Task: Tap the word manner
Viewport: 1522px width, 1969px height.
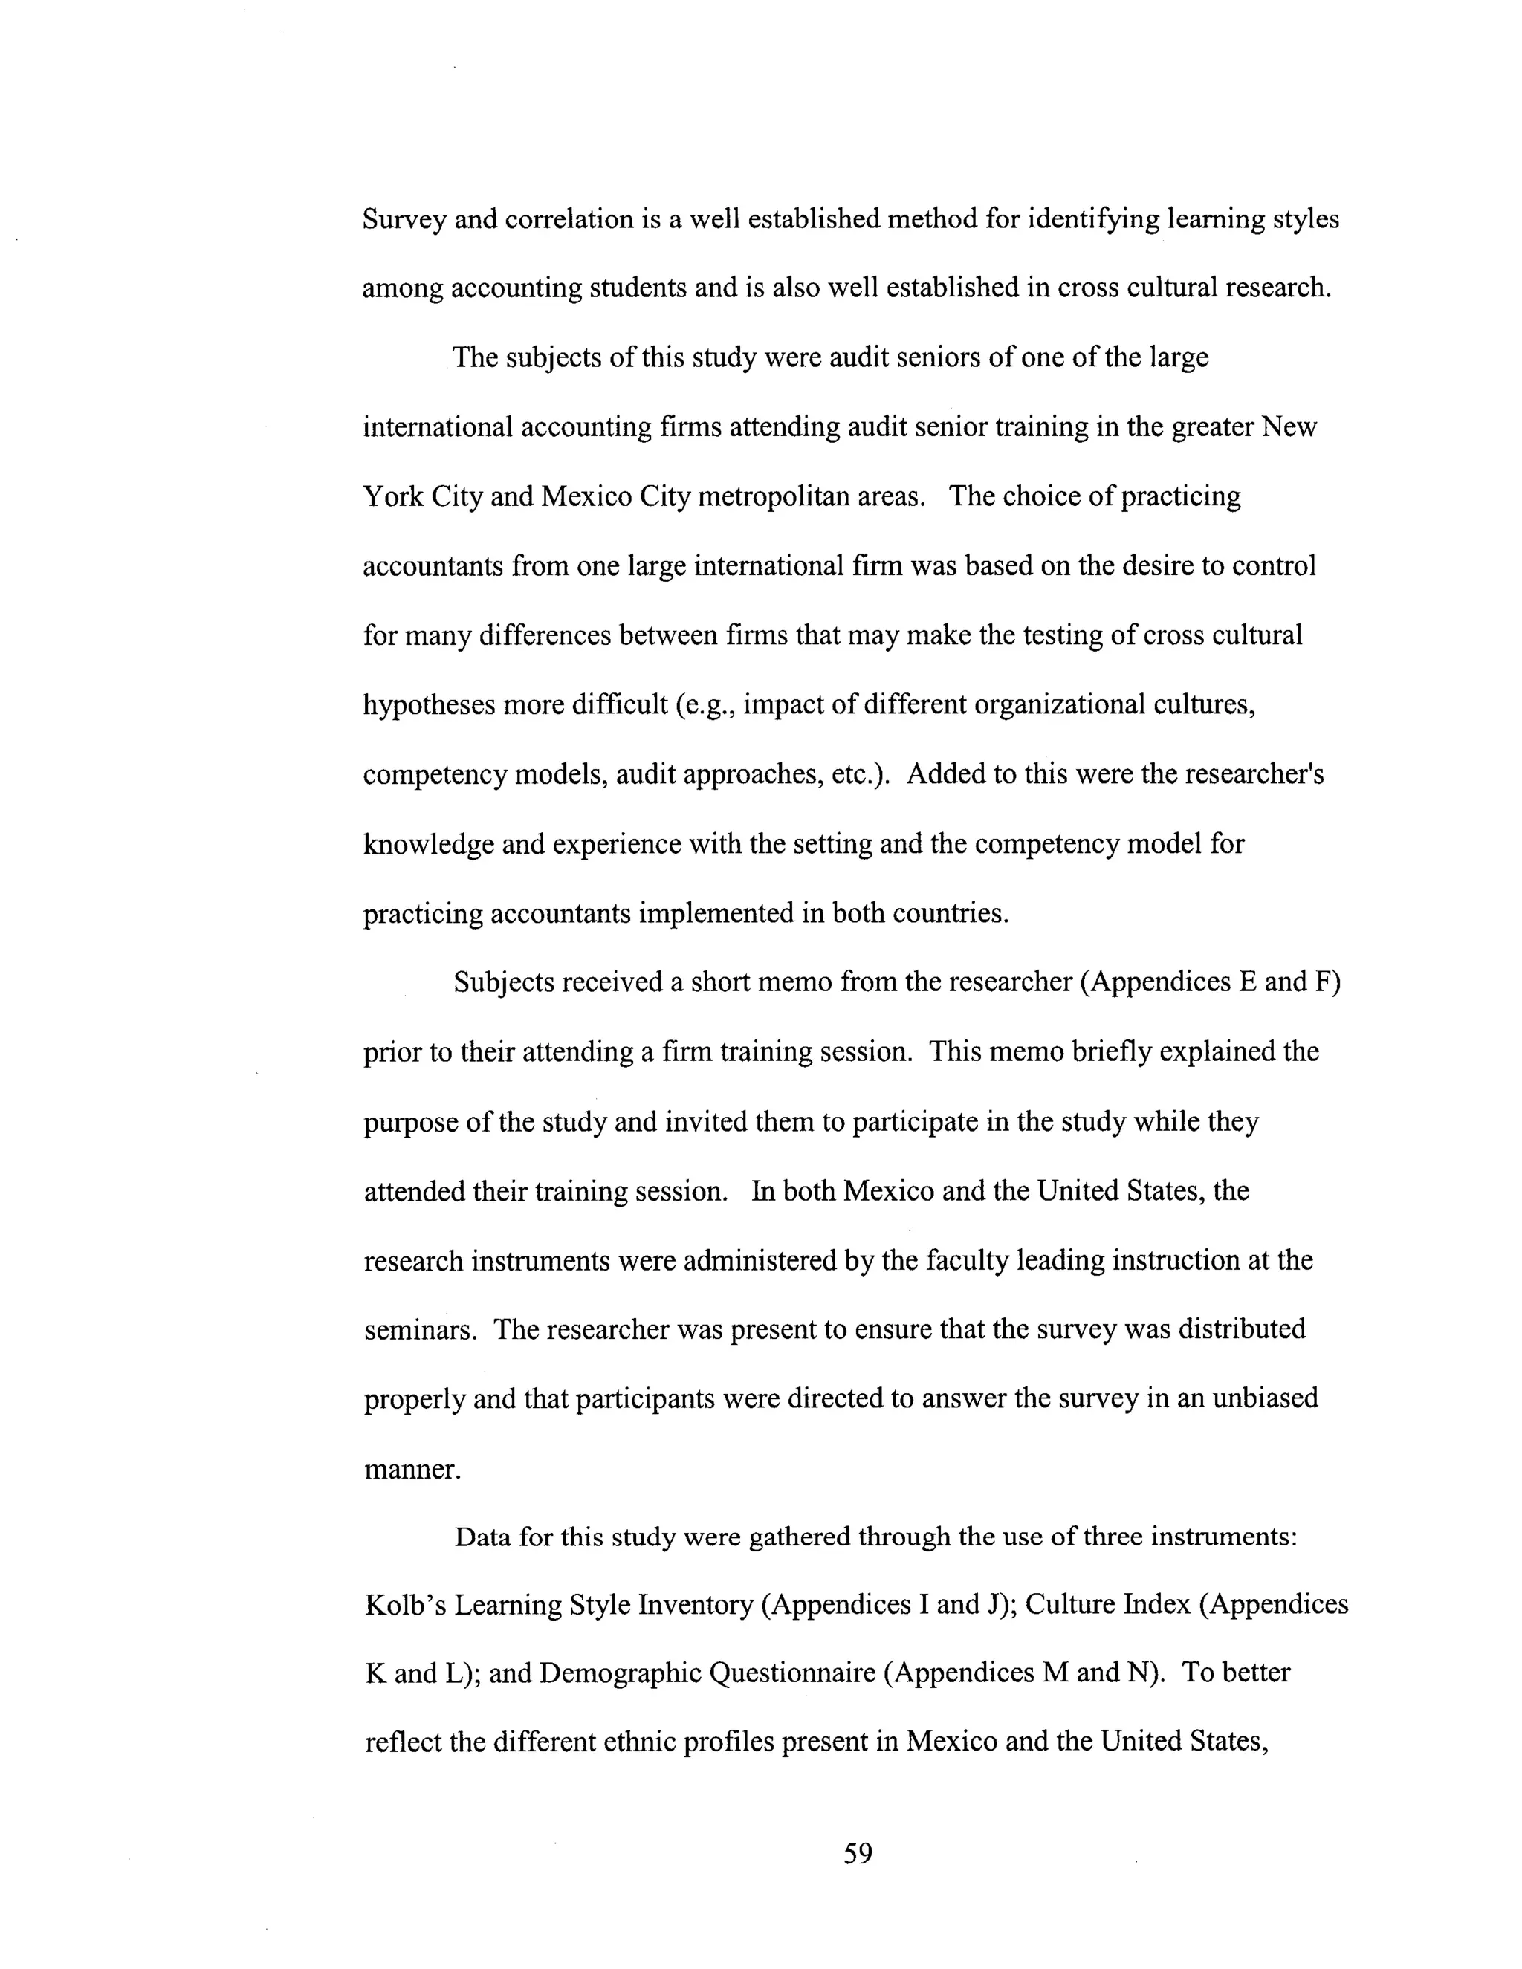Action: pyautogui.click(x=412, y=1470)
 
